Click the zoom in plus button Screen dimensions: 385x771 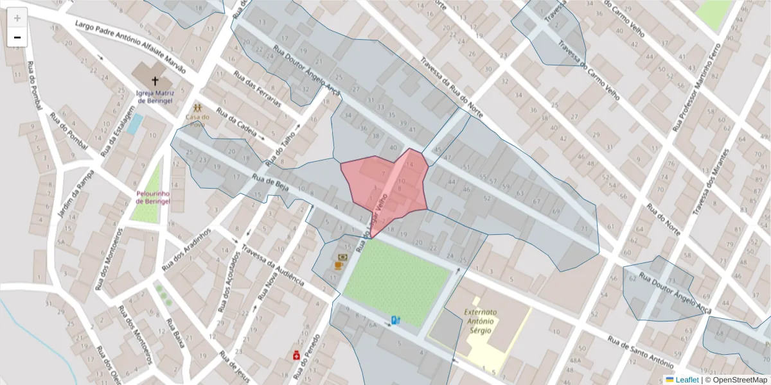tap(17, 17)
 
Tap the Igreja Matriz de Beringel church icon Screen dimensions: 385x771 tap(154, 81)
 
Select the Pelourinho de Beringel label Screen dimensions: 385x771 tap(153, 197)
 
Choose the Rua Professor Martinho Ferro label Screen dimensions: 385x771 tap(696, 87)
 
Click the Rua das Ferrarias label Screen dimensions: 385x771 tap(257, 89)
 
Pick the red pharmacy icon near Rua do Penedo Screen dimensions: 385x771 tap(297, 355)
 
